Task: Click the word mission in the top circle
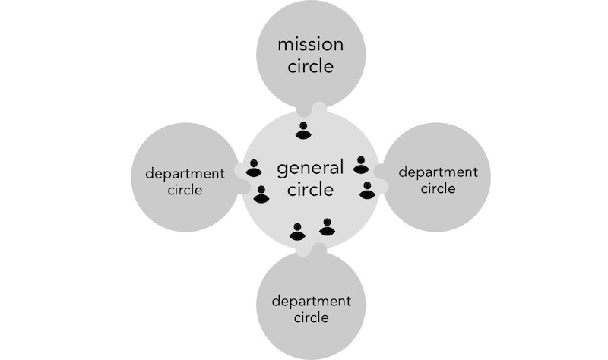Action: click(311, 44)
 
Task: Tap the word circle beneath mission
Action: click(311, 66)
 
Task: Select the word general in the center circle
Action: click(310, 169)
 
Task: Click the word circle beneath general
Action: click(311, 190)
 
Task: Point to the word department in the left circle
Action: click(185, 174)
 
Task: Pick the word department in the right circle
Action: click(439, 172)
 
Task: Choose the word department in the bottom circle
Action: click(312, 302)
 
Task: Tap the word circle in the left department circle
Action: click(185, 190)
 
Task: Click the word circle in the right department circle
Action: click(439, 188)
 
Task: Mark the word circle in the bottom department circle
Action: click(312, 317)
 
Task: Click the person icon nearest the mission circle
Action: click(303, 131)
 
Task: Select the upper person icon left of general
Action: click(254, 168)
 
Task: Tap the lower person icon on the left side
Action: click(261, 194)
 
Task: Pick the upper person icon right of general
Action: click(361, 165)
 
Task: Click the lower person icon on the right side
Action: click(367, 191)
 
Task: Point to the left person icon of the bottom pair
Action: click(297, 232)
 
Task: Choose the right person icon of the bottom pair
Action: click(327, 227)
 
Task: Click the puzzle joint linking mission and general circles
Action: click(312, 109)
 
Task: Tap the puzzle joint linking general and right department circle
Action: click(382, 178)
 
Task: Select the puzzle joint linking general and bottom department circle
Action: click(312, 250)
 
